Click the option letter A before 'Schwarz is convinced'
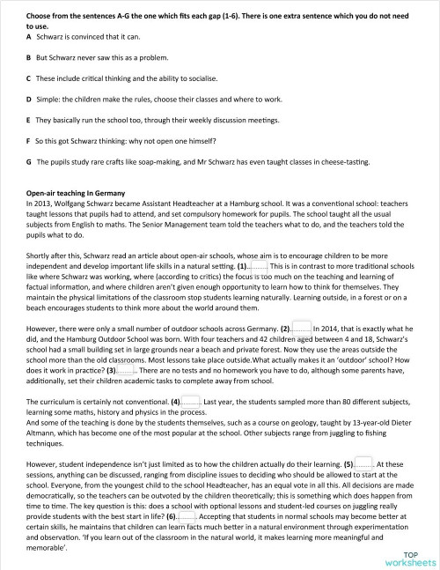pyautogui.click(x=29, y=38)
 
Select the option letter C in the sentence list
pyautogui.click(x=29, y=78)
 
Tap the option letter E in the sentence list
pyautogui.click(x=29, y=119)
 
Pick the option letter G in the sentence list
pyautogui.click(x=29, y=162)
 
